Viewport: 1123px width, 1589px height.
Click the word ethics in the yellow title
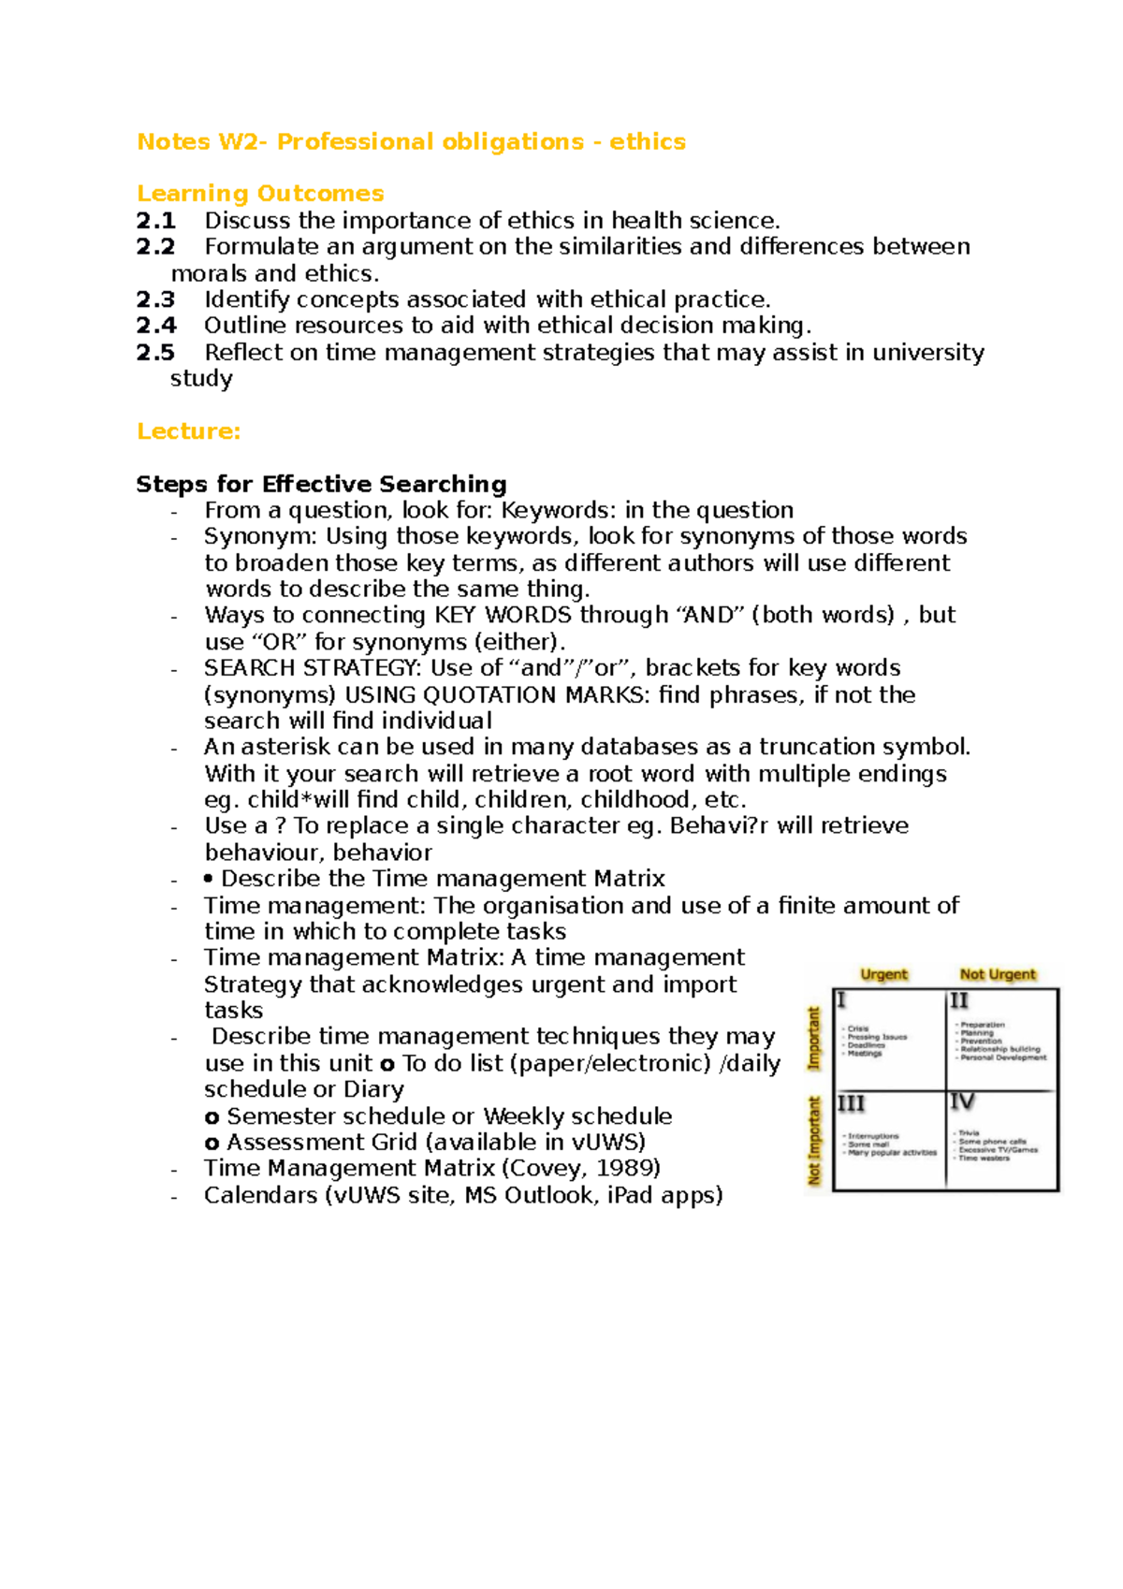pyautogui.click(x=648, y=141)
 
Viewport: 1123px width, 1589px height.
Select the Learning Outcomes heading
pyautogui.click(x=260, y=194)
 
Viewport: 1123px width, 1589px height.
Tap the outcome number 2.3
pyautogui.click(x=155, y=299)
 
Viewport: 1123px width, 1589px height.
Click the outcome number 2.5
pyautogui.click(x=155, y=353)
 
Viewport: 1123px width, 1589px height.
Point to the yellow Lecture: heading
pyautogui.click(x=188, y=431)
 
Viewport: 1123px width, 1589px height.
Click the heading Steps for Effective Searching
pyautogui.click(x=321, y=484)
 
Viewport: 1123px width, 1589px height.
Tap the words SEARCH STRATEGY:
pyautogui.click(x=313, y=668)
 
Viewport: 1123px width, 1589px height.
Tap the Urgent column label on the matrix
pyautogui.click(x=883, y=974)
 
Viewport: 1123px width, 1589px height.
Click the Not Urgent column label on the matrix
pyautogui.click(x=998, y=974)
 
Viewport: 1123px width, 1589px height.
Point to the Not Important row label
pyautogui.click(x=814, y=1141)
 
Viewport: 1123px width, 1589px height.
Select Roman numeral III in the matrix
pyautogui.click(x=851, y=1104)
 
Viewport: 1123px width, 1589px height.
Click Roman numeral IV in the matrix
pyautogui.click(x=962, y=1102)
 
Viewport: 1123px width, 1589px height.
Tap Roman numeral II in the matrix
pyautogui.click(x=959, y=1001)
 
